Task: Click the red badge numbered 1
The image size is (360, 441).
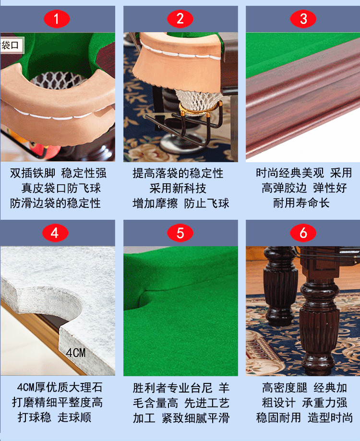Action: (x=57, y=19)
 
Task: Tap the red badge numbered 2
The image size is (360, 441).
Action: (x=180, y=19)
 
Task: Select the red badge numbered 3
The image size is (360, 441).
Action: (x=303, y=19)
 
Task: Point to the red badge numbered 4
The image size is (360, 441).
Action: (x=55, y=233)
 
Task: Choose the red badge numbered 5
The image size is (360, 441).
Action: (x=180, y=233)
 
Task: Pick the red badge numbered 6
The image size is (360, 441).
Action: (x=303, y=233)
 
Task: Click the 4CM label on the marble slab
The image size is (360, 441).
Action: (x=76, y=353)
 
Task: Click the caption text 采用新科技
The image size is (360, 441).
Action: (x=178, y=188)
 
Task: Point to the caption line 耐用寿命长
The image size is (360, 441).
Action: (x=301, y=203)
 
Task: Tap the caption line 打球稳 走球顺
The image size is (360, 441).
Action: (x=55, y=417)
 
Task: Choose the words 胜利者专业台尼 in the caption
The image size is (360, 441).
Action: (x=173, y=388)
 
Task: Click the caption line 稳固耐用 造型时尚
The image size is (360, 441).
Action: (x=304, y=417)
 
